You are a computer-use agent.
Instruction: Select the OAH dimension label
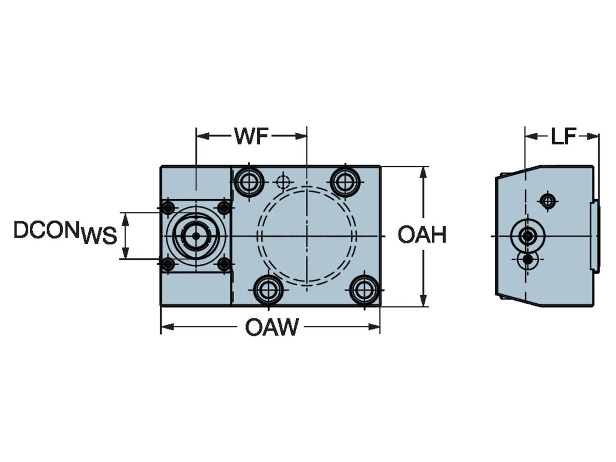422,236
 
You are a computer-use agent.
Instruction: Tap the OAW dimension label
271,327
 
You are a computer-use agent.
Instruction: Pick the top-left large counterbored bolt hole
249,181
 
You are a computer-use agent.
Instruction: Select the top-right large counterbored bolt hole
345,181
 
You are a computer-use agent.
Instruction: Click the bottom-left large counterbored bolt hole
268,290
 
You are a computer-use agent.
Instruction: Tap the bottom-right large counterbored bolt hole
364,290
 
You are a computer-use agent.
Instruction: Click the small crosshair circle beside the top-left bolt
282,181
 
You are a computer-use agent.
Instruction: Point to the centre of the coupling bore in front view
196,236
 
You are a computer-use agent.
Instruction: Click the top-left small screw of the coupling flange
167,208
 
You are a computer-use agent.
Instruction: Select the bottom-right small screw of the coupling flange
224,264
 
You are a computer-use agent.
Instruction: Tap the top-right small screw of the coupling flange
224,208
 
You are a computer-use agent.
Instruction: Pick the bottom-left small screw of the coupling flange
167,264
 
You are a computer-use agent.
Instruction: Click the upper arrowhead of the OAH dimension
423,171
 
